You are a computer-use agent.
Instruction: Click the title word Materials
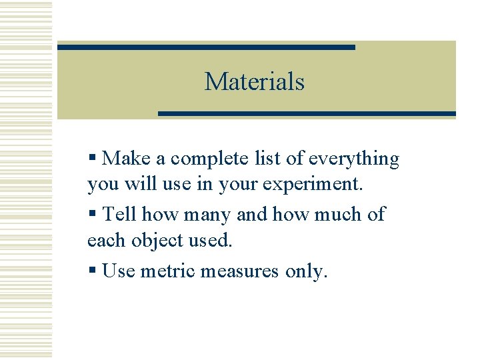254,81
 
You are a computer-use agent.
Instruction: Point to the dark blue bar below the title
307,114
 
